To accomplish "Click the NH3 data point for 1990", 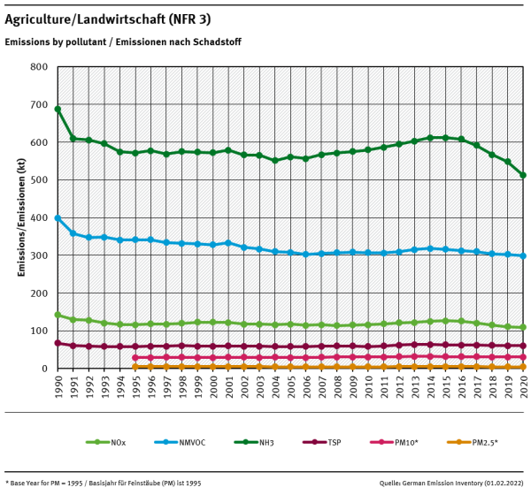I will coord(58,110).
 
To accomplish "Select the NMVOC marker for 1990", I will coord(58,217).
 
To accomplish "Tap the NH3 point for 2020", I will coord(523,175).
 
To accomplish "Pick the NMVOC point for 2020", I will coord(523,256).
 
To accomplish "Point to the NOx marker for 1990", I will coord(58,315).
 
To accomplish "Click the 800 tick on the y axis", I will coord(38,67).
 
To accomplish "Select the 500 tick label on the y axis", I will coord(38,180).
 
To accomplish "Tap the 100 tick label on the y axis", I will coord(38,331).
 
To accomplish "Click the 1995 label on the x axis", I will coord(135,385).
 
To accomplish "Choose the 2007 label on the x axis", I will coord(321,385).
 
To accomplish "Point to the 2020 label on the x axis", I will coord(523,385).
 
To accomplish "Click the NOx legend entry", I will coord(111,441).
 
